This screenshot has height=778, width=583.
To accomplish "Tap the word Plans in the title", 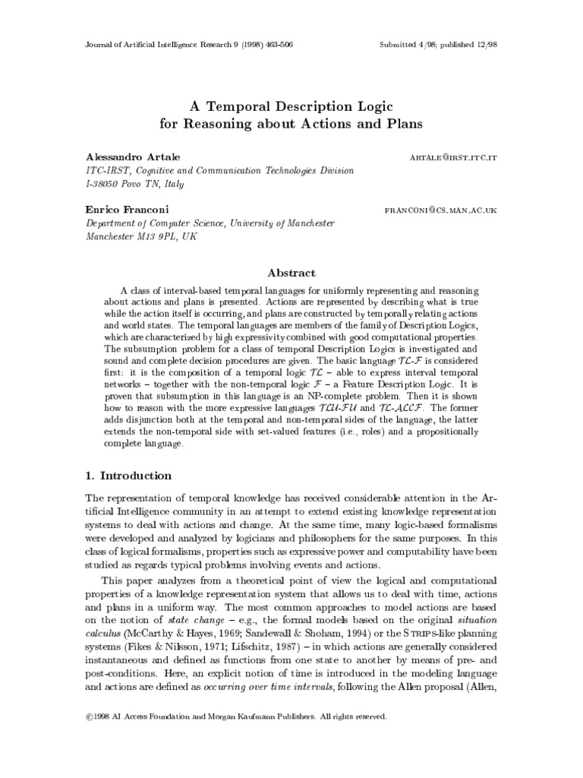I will (399, 122).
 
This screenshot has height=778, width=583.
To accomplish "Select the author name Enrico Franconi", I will (127, 209).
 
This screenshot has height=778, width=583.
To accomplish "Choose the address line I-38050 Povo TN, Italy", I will (134, 184).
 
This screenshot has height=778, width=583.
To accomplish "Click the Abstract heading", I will (291, 273).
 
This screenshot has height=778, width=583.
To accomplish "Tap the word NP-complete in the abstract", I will (336, 396).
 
